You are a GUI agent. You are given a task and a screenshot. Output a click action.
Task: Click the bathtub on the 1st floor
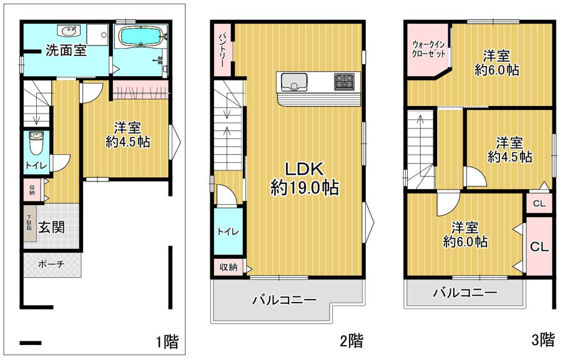tap(140, 37)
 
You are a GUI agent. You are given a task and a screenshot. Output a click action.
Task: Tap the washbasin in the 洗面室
tap(69, 31)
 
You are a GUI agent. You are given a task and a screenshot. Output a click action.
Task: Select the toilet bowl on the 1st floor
tap(36, 143)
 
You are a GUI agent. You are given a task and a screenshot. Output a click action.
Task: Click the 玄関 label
tap(52, 228)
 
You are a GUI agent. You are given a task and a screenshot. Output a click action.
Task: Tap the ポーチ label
tap(51, 264)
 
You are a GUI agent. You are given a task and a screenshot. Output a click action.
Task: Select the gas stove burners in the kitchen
tap(344, 81)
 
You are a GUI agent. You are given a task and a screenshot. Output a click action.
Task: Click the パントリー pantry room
tap(222, 50)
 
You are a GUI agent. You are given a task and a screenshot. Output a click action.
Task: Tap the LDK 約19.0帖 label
tap(305, 178)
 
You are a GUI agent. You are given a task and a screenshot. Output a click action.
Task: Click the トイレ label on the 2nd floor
tap(228, 231)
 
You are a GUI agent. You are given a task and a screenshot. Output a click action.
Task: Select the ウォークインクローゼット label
tap(428, 49)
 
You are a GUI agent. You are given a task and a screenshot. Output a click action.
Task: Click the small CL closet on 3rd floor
tap(539, 203)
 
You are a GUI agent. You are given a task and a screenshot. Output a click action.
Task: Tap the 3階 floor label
tap(543, 340)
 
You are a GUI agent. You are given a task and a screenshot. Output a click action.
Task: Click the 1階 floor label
tap(167, 342)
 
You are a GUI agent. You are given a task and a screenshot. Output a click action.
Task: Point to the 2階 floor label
tap(351, 341)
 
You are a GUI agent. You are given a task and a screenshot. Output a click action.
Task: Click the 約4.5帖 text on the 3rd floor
tap(509, 157)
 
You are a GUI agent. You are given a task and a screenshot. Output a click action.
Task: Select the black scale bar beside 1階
tap(31, 343)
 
